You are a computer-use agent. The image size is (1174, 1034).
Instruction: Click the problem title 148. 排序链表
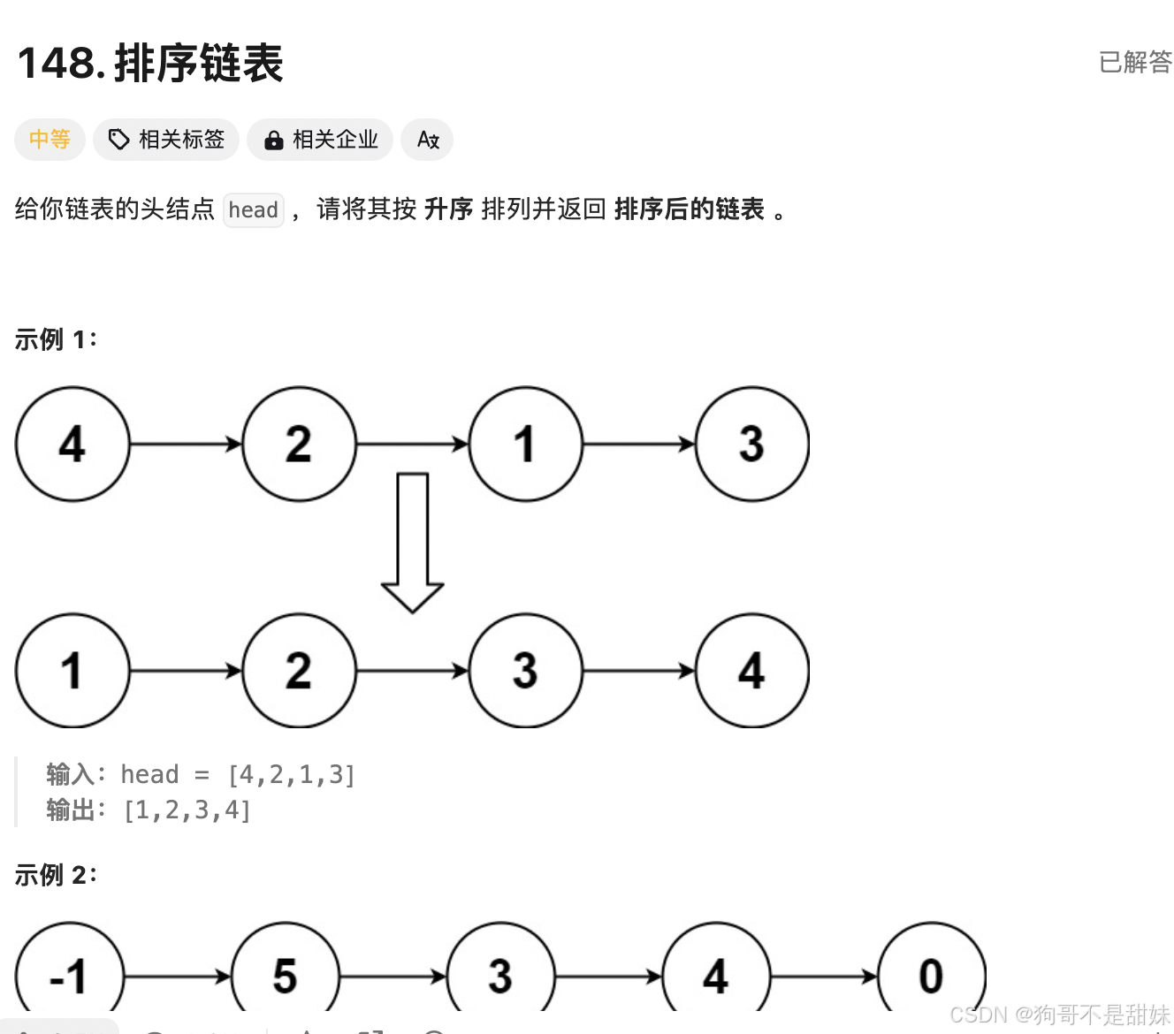coord(150,64)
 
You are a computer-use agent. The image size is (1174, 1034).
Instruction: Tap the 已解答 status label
coord(1135,62)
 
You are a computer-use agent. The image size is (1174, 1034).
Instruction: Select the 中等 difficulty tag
coord(50,140)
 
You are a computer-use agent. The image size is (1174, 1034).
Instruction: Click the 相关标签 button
coord(166,140)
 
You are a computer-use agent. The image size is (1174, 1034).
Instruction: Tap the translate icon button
coord(428,140)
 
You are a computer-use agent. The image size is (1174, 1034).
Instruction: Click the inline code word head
coord(254,210)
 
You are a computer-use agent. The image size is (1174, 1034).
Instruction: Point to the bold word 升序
coord(449,209)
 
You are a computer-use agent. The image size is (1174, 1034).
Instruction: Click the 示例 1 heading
coord(56,339)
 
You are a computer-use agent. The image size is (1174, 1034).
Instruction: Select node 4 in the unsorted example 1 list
coord(72,444)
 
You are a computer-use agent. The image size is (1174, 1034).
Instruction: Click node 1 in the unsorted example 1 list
coord(525,444)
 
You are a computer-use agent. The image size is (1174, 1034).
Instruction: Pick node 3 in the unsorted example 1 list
coord(751,444)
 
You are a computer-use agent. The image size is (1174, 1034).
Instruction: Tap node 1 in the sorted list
coord(72,671)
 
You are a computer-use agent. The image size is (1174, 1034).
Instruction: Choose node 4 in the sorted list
coord(751,671)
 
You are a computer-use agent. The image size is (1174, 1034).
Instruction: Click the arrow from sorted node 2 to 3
coord(412,672)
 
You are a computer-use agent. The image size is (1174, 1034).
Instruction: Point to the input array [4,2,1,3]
coord(292,775)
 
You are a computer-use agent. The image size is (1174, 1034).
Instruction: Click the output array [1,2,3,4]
coord(187,810)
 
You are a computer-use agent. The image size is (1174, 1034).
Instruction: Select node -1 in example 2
coord(69,976)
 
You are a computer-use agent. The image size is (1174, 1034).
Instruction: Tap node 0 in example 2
coord(931,976)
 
